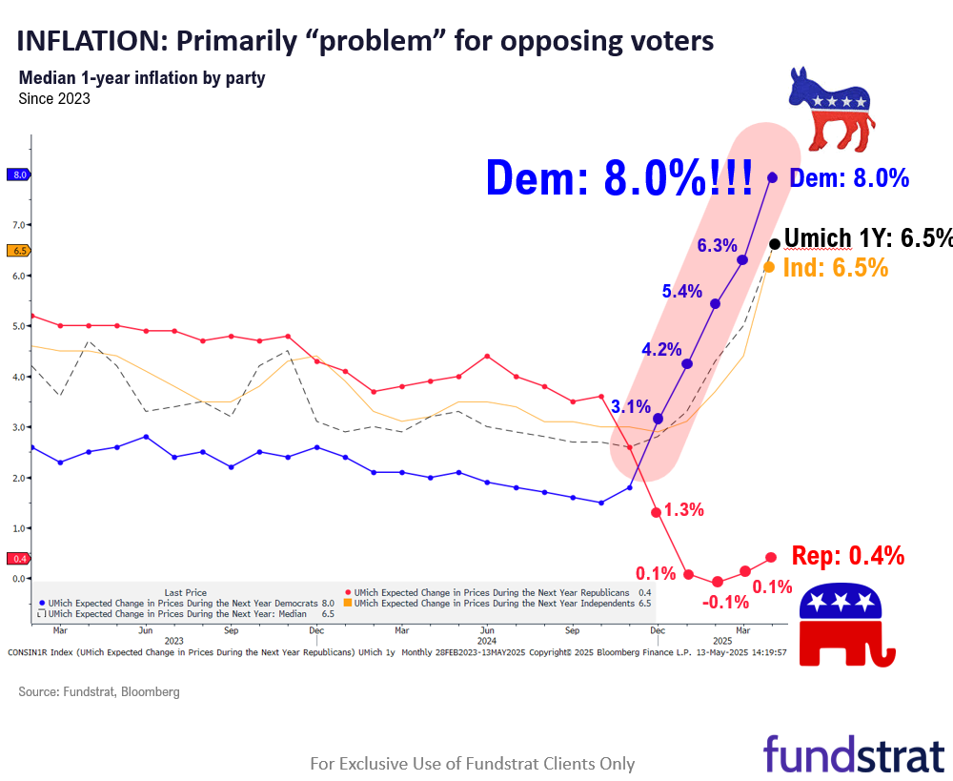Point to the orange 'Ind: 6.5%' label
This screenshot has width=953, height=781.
pos(836,268)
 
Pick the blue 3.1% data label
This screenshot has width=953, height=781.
pos(631,407)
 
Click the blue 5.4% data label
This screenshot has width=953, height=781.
pos(682,292)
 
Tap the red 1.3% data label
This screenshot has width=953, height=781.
pos(684,510)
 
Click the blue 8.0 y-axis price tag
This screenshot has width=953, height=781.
pos(19,175)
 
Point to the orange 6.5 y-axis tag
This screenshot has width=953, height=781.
pos(19,251)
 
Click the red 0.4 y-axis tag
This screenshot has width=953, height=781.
pos(19,559)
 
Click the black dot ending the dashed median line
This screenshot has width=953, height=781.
pos(775,244)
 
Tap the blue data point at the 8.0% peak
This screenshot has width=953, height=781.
pos(772,177)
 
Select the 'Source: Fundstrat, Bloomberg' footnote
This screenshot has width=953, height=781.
pos(99,691)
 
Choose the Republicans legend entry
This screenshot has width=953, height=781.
pos(494,591)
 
